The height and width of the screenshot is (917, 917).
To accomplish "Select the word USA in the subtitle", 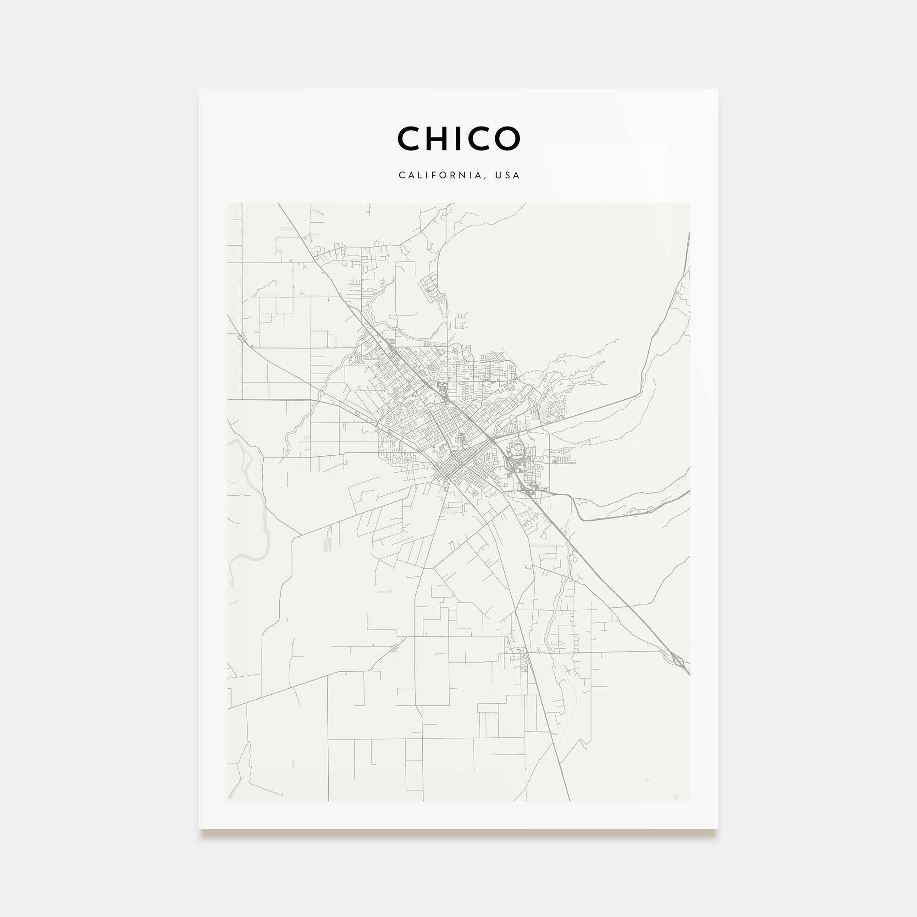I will point(508,176).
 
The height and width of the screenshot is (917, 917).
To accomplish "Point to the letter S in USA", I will point(508,176).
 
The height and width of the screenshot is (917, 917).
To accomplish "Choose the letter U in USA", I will point(498,176).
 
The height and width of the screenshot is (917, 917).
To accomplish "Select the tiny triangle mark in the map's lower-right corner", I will point(675,798).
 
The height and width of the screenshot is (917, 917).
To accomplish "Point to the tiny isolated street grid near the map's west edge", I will point(243,337).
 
